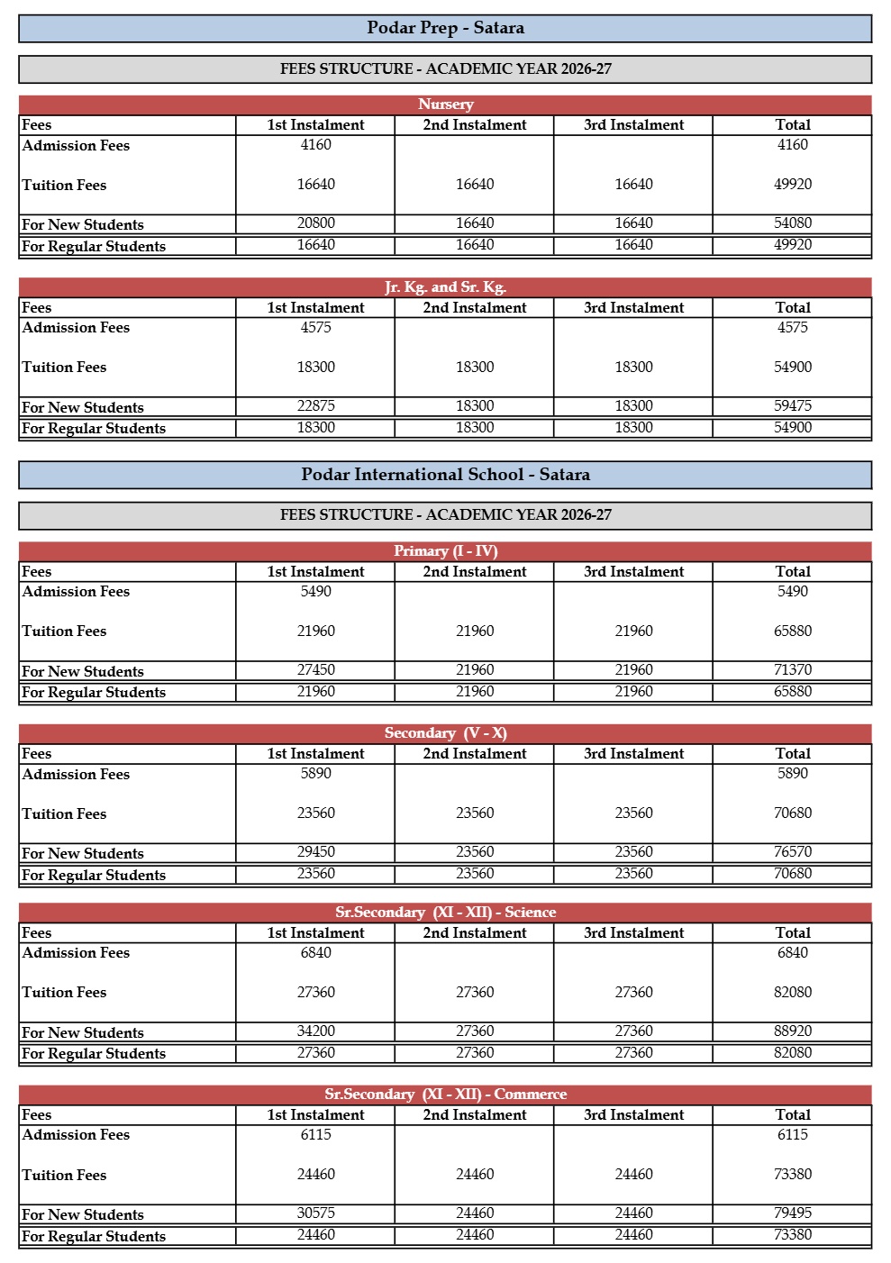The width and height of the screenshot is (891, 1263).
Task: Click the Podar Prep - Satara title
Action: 445,28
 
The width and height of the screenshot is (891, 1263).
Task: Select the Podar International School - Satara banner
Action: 445,475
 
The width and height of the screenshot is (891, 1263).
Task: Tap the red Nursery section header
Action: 445,104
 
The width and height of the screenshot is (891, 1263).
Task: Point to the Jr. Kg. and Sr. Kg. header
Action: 445,287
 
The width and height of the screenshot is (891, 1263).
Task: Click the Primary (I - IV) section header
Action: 445,551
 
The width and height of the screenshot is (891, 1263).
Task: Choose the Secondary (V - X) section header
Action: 445,733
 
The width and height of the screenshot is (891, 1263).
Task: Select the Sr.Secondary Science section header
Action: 445,913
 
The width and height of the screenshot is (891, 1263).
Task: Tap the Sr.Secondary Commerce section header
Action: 445,1095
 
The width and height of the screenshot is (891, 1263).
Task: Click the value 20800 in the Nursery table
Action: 315,223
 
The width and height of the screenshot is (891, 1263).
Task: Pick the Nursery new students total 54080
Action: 792,223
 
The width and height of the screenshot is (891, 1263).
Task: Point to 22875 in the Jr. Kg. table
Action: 315,406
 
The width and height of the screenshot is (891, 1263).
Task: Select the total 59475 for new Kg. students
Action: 792,406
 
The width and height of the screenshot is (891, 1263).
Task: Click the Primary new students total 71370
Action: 792,670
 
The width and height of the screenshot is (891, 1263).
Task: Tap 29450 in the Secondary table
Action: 315,852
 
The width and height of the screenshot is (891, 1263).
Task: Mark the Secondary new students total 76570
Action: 792,852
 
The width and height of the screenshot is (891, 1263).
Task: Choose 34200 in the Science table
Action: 315,1031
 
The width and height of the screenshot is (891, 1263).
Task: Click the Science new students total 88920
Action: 792,1031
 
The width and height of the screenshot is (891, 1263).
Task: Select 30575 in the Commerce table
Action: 315,1213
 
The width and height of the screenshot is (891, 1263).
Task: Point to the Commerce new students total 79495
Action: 792,1213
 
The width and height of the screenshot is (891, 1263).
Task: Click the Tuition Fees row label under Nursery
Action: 64,186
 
